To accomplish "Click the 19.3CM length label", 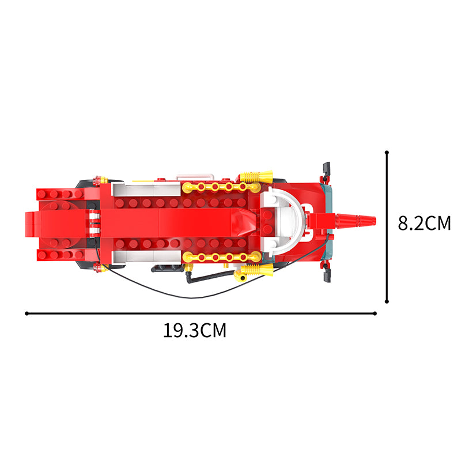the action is tap(195, 330).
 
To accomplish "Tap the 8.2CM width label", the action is tap(424, 223).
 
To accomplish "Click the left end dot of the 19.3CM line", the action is tap(27, 313).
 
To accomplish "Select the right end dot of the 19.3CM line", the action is tap(375, 313).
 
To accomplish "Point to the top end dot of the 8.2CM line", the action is tap(387, 152).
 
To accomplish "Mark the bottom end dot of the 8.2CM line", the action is tap(387, 301).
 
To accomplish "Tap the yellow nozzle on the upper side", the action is tap(256, 176).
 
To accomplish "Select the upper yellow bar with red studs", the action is tap(221, 187).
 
